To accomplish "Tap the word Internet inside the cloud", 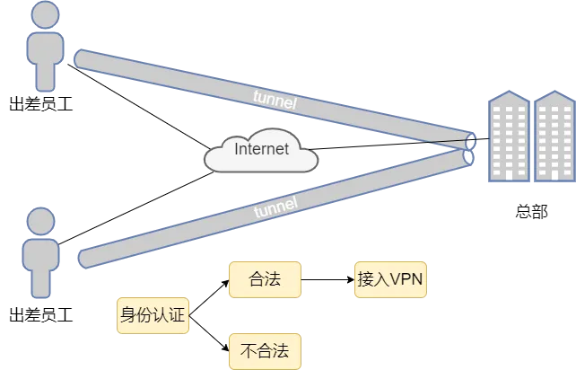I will click(x=261, y=149).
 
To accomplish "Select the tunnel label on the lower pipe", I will click(x=276, y=208).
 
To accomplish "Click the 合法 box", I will click(x=264, y=279).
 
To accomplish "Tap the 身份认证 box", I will click(x=153, y=315).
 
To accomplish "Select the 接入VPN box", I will click(x=389, y=279).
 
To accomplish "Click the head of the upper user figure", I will click(x=44, y=16).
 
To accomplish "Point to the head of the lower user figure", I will click(x=42, y=221).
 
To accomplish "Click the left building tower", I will click(x=508, y=138).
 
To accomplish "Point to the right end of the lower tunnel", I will click(x=467, y=157).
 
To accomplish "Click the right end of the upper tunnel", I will click(x=469, y=140).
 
